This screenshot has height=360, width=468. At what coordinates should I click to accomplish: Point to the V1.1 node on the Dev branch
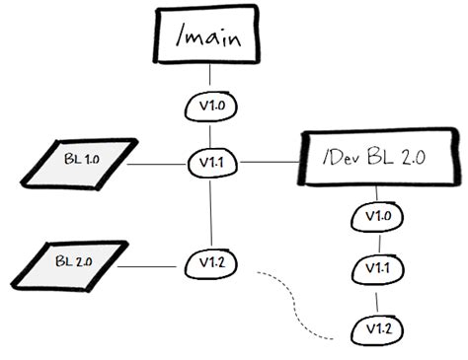coord(376,267)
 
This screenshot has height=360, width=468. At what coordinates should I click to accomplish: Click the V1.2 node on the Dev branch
coord(376,326)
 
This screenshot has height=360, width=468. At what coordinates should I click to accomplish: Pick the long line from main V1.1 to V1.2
coord(208,212)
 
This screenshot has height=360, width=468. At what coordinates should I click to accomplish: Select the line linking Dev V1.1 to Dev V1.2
coord(376,297)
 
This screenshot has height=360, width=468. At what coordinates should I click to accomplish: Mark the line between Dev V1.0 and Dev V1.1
coord(376,242)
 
